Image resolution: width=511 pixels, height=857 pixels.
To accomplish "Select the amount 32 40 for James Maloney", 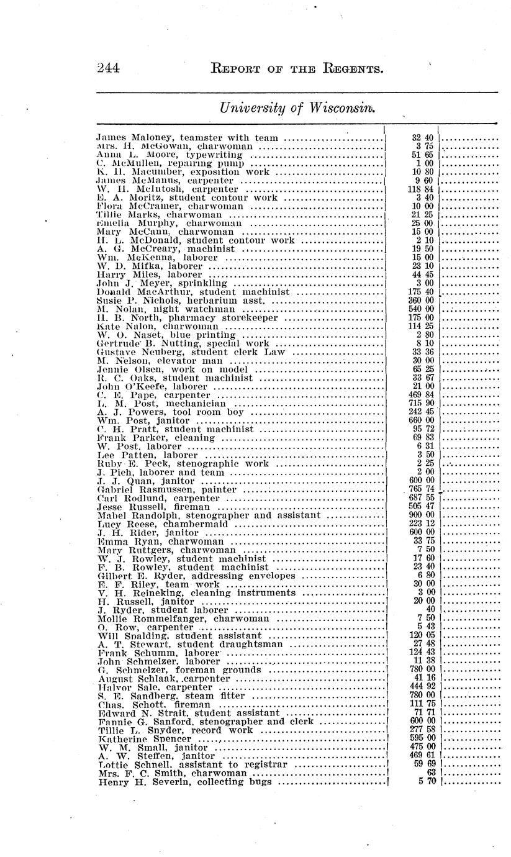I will point(422,137).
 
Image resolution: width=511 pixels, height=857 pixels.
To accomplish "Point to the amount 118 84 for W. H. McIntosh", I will point(422,189).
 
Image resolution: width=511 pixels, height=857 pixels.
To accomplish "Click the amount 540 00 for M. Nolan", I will point(422,309).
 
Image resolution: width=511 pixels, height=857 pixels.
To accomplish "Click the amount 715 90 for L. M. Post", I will point(422,403).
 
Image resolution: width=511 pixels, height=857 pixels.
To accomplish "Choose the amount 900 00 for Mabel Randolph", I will point(422,515).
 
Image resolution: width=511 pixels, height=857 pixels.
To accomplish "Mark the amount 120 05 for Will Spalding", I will point(422,635).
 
